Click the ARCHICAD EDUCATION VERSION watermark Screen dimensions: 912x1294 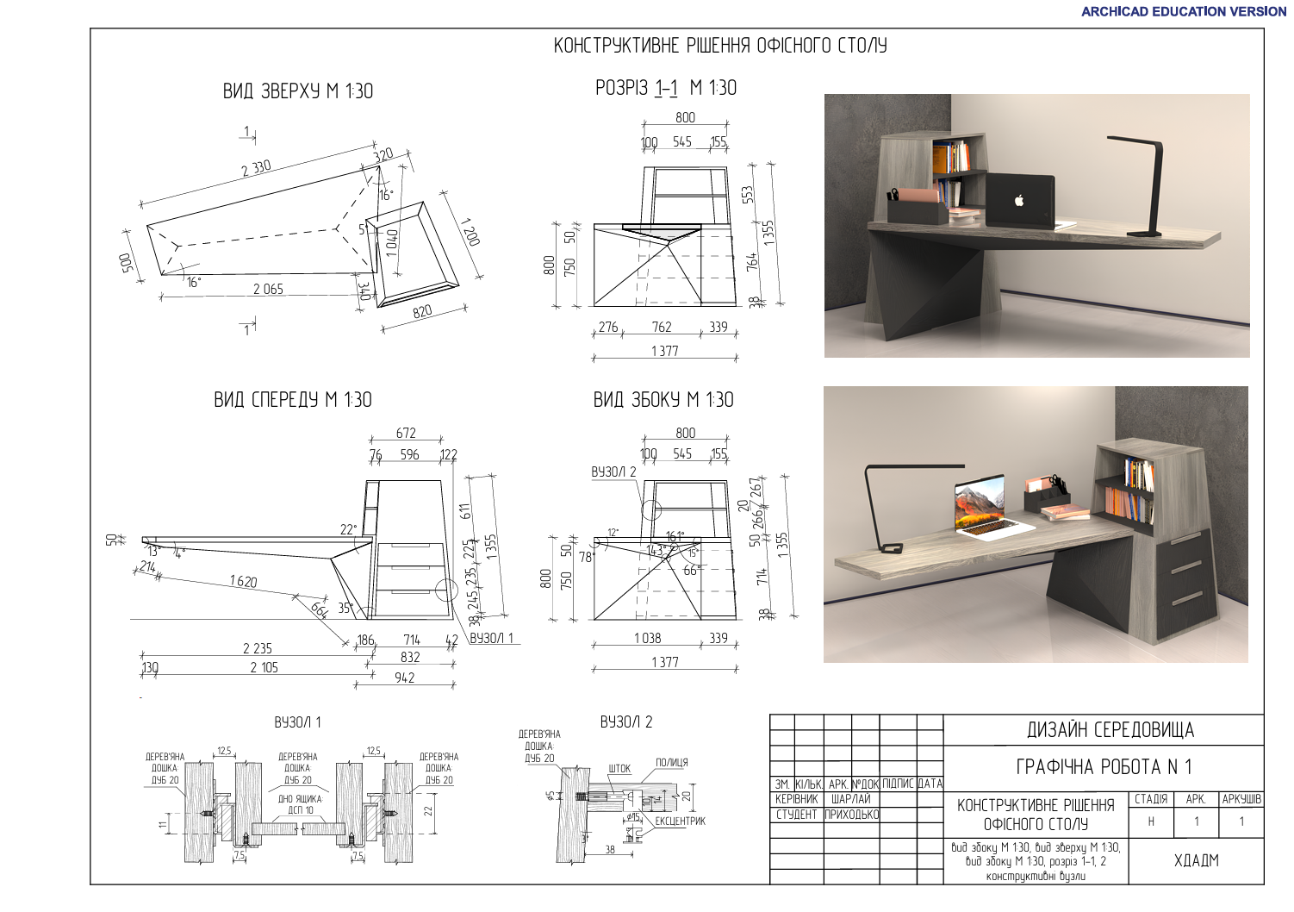1183,11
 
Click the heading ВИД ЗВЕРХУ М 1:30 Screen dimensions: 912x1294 297,91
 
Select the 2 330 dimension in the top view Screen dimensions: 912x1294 256,167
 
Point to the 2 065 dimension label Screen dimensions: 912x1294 268,289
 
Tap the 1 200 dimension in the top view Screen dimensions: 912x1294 470,230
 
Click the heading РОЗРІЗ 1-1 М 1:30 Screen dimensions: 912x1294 665,88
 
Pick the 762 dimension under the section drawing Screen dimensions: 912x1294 662,327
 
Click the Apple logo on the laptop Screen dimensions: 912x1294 1019,200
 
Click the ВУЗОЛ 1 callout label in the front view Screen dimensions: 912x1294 491,638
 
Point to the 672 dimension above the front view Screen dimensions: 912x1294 406,433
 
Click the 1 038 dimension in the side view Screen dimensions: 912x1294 647,638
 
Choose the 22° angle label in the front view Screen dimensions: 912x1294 347,529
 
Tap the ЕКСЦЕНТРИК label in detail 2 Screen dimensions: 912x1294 680,821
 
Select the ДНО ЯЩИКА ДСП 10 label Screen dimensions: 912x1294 300,804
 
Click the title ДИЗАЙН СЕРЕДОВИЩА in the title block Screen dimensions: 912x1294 1110,730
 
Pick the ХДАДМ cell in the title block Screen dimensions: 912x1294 1196,859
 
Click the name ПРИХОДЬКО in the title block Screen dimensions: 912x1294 851,814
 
